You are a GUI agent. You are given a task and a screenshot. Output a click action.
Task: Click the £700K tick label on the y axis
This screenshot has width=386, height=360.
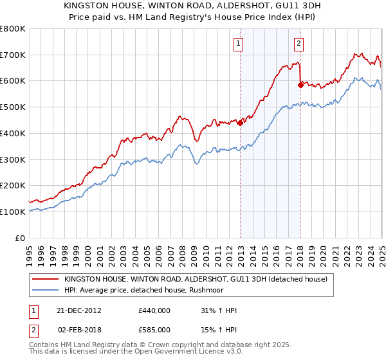tap(13, 55)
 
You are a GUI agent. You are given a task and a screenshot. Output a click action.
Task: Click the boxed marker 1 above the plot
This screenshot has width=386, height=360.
tap(238, 44)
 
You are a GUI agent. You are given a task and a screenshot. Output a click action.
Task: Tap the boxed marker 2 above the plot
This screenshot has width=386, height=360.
tap(300, 44)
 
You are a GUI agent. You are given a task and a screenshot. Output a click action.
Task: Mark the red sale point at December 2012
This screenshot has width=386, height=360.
tap(240, 123)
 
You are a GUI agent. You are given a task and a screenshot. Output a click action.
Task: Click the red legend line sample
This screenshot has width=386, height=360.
tap(45, 279)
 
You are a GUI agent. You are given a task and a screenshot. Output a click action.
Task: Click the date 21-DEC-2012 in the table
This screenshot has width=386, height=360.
tap(79, 310)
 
